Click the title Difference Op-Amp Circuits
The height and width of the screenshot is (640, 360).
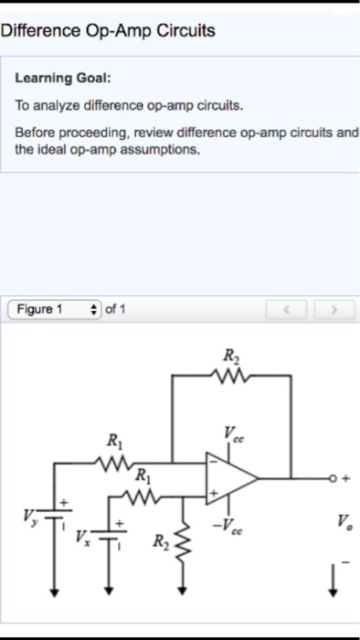pyautogui.click(x=108, y=31)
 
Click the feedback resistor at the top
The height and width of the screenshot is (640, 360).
pyautogui.click(x=228, y=374)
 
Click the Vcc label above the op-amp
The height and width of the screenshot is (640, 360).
pyautogui.click(x=234, y=434)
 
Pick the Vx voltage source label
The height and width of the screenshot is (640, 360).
pyautogui.click(x=81, y=534)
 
